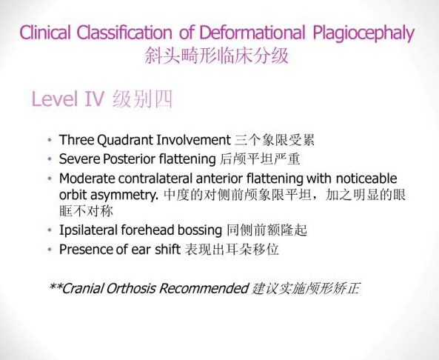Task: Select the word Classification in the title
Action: click(124, 32)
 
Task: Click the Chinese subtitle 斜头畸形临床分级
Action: click(216, 56)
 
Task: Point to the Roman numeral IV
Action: click(94, 99)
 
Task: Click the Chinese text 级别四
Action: click(142, 99)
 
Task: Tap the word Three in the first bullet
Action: click(77, 140)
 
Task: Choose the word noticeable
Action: click(366, 179)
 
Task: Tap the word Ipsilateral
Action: click(89, 230)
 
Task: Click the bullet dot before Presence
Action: click(50, 249)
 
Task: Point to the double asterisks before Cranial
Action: click(56, 286)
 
